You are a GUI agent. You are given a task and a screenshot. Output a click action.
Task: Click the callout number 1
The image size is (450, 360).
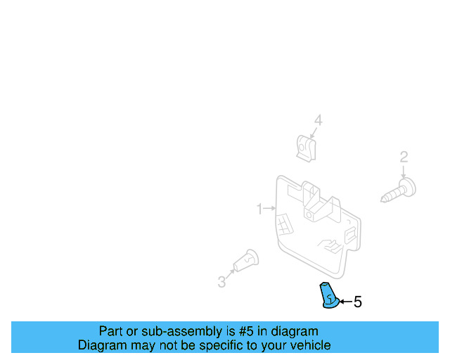coord(259,209)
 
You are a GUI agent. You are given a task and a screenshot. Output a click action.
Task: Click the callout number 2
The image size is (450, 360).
coord(404,157)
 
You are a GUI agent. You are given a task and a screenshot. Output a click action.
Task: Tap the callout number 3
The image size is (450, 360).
coord(221,282)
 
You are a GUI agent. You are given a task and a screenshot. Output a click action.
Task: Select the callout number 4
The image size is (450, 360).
coord(318,121)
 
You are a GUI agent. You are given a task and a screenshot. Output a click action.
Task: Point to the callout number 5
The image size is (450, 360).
coord(357,302)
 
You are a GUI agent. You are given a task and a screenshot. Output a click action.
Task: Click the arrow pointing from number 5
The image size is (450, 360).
coord(345,302)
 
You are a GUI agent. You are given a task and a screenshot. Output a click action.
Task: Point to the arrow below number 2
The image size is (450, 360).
coord(404,171)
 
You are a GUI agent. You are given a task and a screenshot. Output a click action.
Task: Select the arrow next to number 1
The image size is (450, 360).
coord(270,209)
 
